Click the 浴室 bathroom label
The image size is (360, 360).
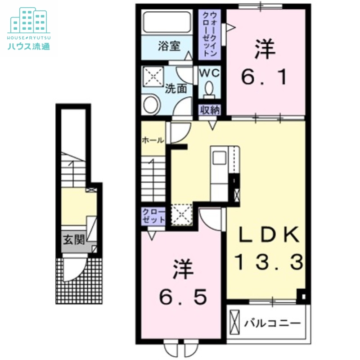(169, 46)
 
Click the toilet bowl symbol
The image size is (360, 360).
(209, 88)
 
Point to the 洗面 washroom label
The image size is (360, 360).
(175, 89)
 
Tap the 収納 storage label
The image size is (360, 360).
(209, 110)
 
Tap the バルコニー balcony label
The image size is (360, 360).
(273, 323)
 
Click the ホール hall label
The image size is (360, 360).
(153, 140)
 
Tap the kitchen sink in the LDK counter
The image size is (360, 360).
(220, 159)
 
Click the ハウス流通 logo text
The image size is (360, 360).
(28, 45)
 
